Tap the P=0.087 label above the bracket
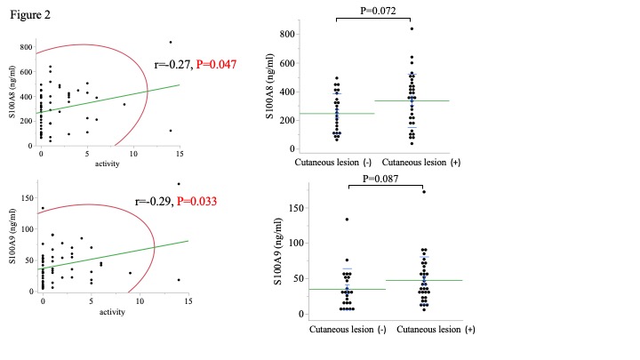tap(387, 179)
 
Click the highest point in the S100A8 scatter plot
tap(171, 42)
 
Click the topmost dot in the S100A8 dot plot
tap(412, 28)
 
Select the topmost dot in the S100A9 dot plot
tap(412, 191)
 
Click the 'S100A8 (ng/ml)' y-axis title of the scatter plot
tap(9, 91)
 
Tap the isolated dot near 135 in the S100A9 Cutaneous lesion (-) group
tap(347, 219)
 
